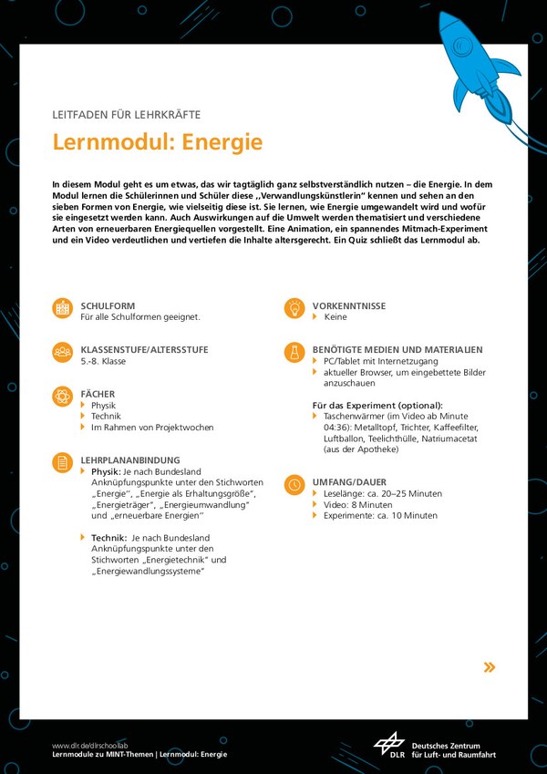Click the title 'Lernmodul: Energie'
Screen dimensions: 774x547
click(x=157, y=143)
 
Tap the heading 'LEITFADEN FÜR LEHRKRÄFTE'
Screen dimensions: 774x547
click(x=126, y=115)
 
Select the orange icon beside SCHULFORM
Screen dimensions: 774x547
click(x=62, y=308)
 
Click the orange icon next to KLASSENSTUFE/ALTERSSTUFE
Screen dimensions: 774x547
click(x=62, y=352)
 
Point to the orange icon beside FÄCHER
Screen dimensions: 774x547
click(x=62, y=396)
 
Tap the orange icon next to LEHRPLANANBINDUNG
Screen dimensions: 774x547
click(x=62, y=462)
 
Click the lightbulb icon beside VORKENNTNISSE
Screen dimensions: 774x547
click(x=294, y=308)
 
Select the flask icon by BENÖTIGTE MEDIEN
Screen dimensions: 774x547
click(x=294, y=352)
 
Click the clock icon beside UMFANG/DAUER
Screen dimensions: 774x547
click(x=294, y=484)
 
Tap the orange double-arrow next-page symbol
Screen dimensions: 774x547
click(x=490, y=667)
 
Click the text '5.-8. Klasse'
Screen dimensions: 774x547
click(x=103, y=361)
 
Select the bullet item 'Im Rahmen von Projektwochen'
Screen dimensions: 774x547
click(x=152, y=427)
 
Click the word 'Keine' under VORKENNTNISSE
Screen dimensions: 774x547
click(x=335, y=317)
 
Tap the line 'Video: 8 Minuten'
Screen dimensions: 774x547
click(x=357, y=504)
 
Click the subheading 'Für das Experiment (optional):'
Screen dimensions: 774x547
click(x=377, y=405)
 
